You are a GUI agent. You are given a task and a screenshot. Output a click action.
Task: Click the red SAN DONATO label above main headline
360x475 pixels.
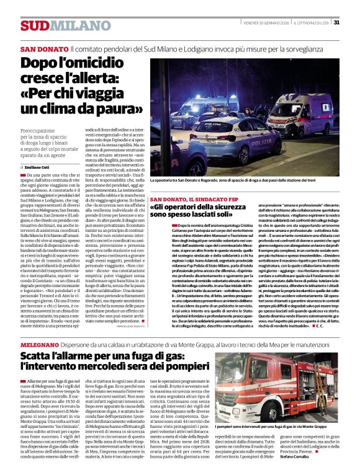click(x=43, y=48)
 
